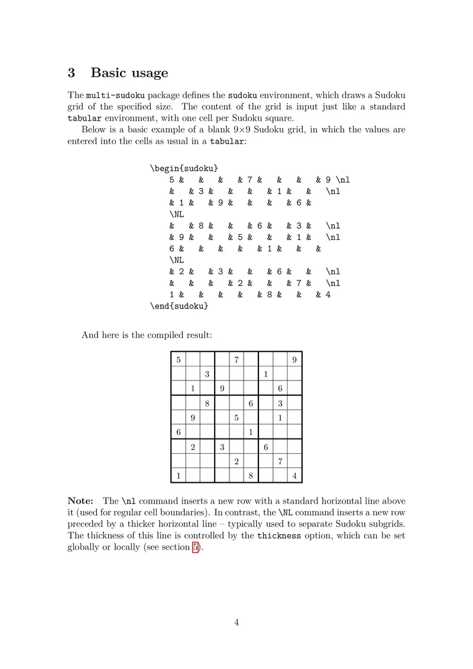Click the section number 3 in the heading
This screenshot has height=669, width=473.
click(72, 73)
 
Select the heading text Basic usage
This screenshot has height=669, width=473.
click(129, 73)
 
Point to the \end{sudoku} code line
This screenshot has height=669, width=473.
click(180, 307)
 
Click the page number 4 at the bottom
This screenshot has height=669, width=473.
click(237, 622)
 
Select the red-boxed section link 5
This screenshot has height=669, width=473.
click(196, 547)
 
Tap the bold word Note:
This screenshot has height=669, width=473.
click(81, 501)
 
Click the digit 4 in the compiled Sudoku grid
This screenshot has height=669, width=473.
click(294, 476)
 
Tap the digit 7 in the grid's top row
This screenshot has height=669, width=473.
click(237, 359)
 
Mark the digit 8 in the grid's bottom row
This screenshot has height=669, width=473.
click(251, 476)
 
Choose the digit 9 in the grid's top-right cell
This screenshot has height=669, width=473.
click(294, 359)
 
